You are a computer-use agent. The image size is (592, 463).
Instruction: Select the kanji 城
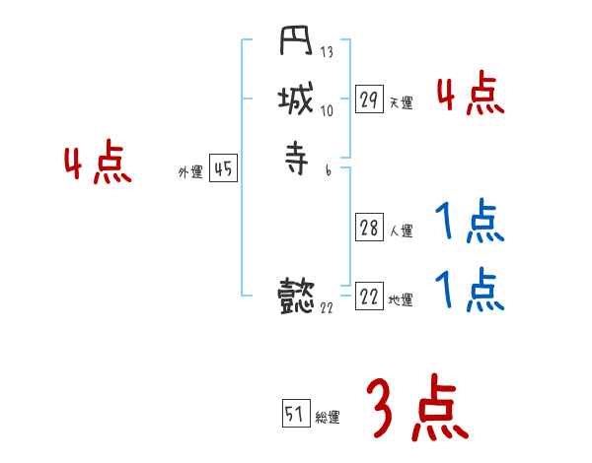pos(297,101)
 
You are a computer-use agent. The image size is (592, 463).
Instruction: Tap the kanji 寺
pos(297,158)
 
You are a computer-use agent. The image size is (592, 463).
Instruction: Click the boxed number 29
pos(369,99)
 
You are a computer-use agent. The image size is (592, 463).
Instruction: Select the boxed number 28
pos(369,229)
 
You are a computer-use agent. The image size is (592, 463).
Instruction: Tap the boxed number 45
pos(223,169)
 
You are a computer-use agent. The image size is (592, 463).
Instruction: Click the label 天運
pos(402,102)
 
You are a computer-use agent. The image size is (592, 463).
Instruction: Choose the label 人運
pos(402,231)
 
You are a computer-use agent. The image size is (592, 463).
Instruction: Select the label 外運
pos(190,172)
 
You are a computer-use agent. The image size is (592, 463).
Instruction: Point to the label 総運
pos(328,417)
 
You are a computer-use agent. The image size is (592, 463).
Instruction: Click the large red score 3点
pos(417,409)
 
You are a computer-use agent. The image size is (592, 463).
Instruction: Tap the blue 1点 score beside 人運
pos(471,224)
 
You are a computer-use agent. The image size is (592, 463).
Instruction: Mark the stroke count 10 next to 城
pos(328,110)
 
